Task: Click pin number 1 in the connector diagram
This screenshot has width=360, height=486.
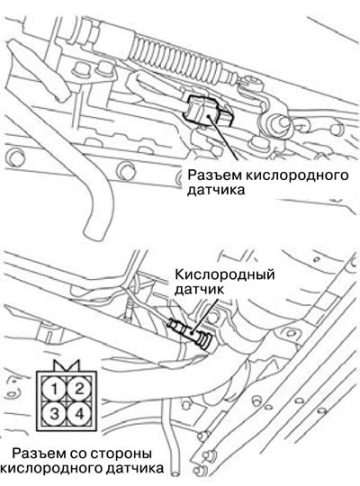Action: [54, 389]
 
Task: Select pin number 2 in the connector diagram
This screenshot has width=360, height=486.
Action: [79, 389]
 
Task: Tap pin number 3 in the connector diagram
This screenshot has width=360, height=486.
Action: [54, 414]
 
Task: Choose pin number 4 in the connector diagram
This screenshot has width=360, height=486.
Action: [79, 414]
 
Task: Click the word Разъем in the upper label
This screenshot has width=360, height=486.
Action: [214, 175]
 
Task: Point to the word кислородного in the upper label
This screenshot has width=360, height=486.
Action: [297, 176]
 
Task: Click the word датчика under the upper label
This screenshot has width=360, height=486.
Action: [216, 191]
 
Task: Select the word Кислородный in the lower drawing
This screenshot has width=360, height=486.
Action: [225, 275]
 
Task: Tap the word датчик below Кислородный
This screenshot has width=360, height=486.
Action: [199, 290]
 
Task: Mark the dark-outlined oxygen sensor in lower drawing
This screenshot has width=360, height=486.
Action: [190, 334]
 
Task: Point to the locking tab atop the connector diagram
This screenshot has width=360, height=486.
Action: [67, 365]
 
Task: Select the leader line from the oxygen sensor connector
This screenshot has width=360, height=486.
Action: [224, 138]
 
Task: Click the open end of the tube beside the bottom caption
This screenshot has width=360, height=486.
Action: [175, 474]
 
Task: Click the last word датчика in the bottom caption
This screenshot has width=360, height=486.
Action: [134, 468]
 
